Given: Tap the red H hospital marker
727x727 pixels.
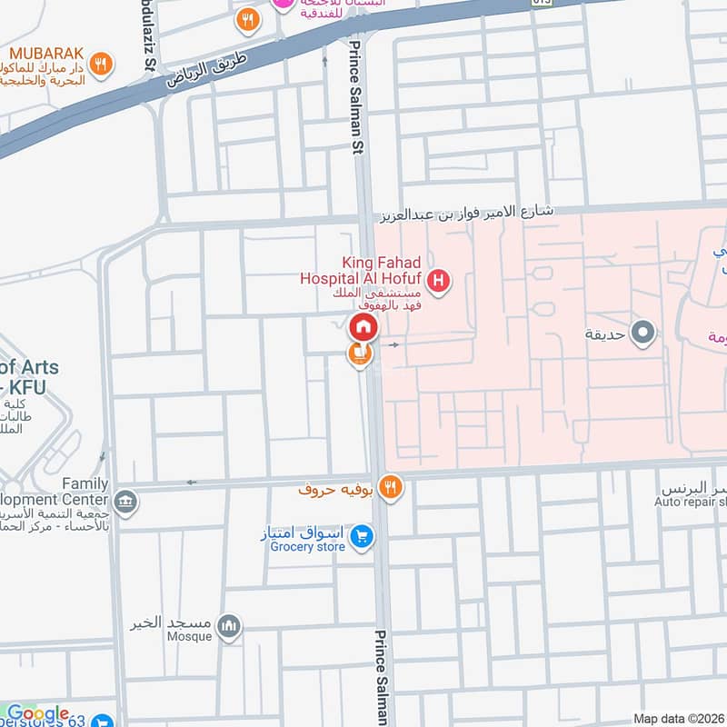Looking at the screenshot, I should pyautogui.click(x=439, y=283).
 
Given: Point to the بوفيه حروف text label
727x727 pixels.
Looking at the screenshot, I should pyautogui.click(x=338, y=489).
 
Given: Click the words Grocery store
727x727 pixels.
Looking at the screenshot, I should pyautogui.click(x=306, y=547).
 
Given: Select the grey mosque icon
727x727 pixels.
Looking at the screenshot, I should pyautogui.click(x=231, y=625).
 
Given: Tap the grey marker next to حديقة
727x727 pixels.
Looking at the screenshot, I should pyautogui.click(x=643, y=334).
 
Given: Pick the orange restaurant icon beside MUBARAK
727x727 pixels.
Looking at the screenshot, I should pyautogui.click(x=103, y=65).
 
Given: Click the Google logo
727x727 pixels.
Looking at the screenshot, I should pyautogui.click(x=37, y=713).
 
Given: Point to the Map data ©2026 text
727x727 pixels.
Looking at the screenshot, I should pyautogui.click(x=679, y=718).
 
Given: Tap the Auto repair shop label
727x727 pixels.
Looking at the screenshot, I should pyautogui.click(x=692, y=501).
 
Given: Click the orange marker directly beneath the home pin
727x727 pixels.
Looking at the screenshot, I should pyautogui.click(x=360, y=354).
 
